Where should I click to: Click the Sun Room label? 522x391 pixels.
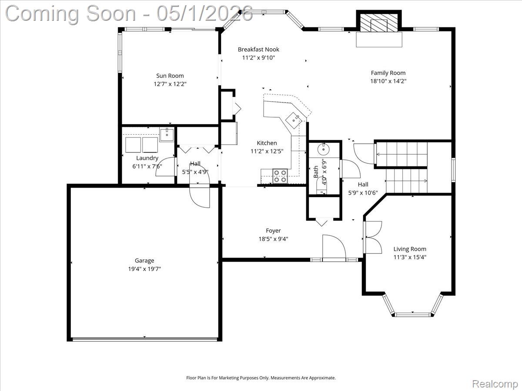coord(170,76)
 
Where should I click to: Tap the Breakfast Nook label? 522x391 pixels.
coord(258,50)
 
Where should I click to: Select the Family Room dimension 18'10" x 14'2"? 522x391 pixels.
coord(388,81)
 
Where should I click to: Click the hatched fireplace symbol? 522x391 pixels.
coord(379,23)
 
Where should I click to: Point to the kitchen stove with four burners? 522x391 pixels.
coord(280,176)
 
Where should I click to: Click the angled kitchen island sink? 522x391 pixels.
coord(294,120)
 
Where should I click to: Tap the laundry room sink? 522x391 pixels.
coord(167,135)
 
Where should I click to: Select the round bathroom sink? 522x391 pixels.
coord(324,149)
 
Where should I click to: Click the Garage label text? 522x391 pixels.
coord(144,261)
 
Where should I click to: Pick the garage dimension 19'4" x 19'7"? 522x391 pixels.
coord(144,269)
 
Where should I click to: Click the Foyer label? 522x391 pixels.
coord(273,231)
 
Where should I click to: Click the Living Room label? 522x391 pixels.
coord(410,249)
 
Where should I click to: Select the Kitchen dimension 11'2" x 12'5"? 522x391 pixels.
coord(267,151)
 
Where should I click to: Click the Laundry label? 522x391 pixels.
coord(147,158)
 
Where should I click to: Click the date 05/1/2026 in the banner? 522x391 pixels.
coord(204,14)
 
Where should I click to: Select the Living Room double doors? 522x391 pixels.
coord(373,237)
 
